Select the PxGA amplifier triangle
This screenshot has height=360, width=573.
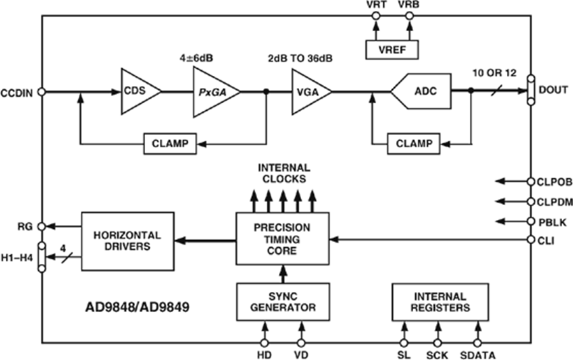[213, 92]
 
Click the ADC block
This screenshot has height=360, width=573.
[424, 92]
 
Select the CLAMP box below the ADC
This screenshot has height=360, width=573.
[413, 143]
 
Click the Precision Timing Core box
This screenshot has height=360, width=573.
[282, 239]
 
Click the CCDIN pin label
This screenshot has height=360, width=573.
[18, 92]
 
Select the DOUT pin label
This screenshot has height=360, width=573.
[553, 92]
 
